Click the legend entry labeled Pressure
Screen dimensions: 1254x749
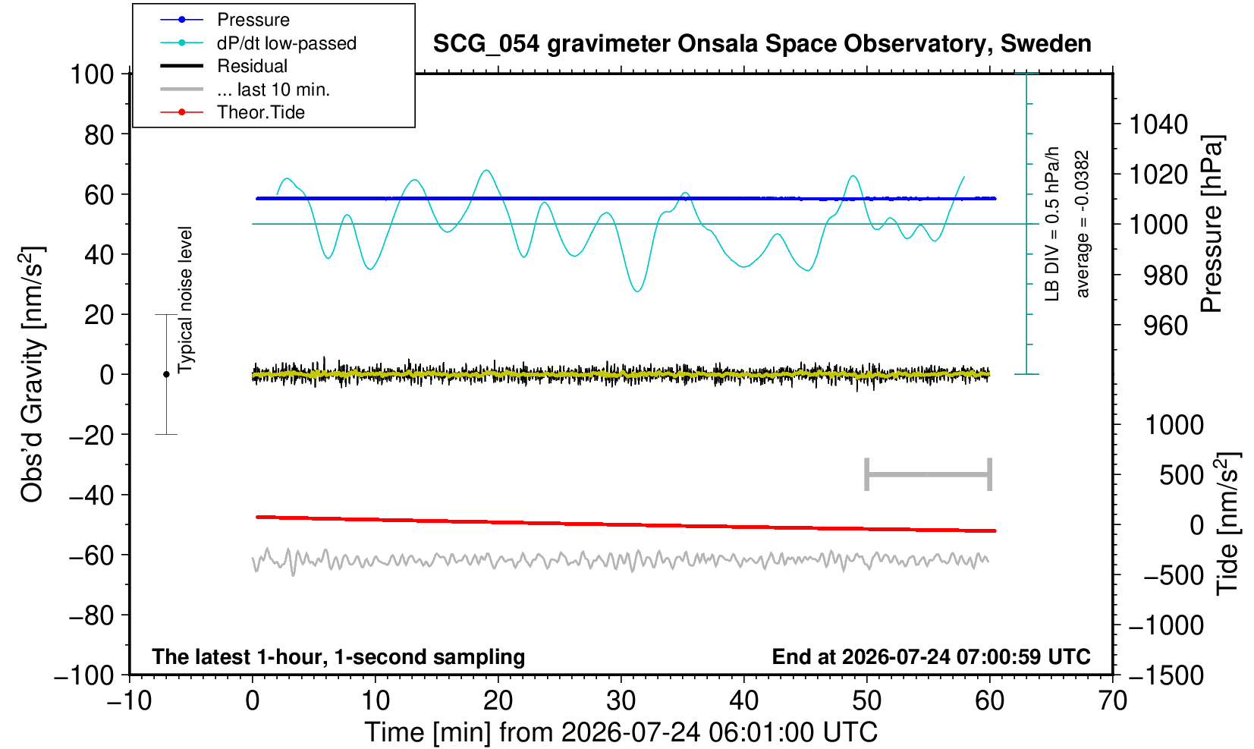(x=253, y=20)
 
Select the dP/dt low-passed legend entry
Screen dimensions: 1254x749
(x=287, y=43)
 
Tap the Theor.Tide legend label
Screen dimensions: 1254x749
(x=261, y=112)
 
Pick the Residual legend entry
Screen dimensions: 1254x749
(x=252, y=66)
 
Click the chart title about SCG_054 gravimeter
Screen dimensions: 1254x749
(x=762, y=43)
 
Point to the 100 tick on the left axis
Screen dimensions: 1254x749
(x=92, y=74)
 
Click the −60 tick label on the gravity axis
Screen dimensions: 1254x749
(x=92, y=555)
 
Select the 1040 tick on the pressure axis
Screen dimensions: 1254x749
(x=1158, y=124)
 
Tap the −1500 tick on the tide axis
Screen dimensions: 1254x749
(x=1165, y=675)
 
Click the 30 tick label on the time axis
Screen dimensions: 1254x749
(x=621, y=701)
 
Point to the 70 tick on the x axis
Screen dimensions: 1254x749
(x=1112, y=701)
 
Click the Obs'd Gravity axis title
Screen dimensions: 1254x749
(x=32, y=374)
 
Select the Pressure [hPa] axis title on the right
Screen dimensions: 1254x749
(x=1212, y=224)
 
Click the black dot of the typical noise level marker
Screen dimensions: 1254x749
(x=166, y=374)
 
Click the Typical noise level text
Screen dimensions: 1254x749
(x=185, y=300)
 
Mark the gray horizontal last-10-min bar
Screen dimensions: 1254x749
(x=929, y=474)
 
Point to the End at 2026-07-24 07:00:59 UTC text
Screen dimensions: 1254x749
(x=931, y=656)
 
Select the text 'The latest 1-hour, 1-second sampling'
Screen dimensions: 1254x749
(x=338, y=656)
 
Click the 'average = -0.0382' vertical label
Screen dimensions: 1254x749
(x=1082, y=224)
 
